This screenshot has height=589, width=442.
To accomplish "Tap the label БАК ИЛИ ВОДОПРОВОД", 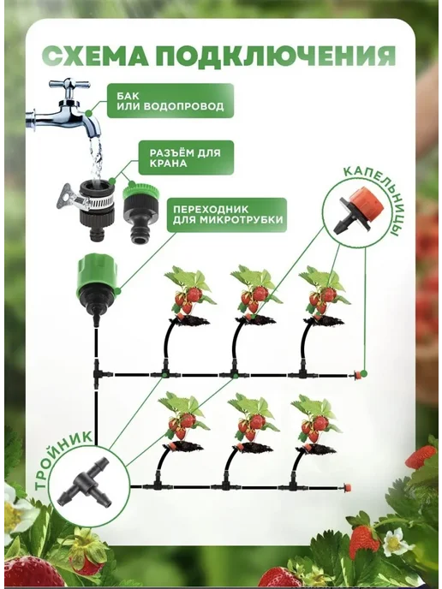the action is click(170, 101).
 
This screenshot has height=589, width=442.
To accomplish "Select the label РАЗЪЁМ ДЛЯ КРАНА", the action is click(185, 158).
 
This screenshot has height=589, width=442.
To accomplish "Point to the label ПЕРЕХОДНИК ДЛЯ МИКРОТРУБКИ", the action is click(227, 214).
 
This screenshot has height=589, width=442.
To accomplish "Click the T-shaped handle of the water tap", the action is click(69, 86).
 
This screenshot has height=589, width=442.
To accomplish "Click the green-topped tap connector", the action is click(140, 212).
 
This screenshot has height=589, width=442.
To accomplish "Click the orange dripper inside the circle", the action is click(361, 210).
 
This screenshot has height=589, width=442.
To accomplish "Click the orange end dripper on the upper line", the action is click(358, 375).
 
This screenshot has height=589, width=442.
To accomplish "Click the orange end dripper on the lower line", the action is click(348, 488).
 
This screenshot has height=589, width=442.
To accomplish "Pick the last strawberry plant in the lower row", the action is click(317, 424).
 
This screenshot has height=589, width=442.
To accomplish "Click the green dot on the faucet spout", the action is click(89, 113).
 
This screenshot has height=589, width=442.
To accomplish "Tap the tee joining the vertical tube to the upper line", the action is click(99, 373).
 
